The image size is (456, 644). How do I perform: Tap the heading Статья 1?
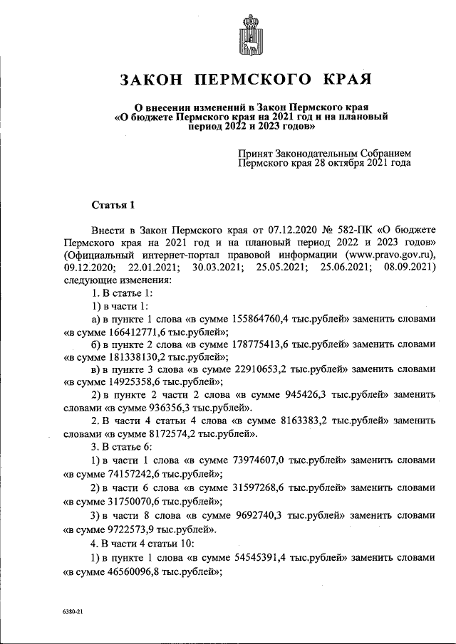[x=113, y=206]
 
